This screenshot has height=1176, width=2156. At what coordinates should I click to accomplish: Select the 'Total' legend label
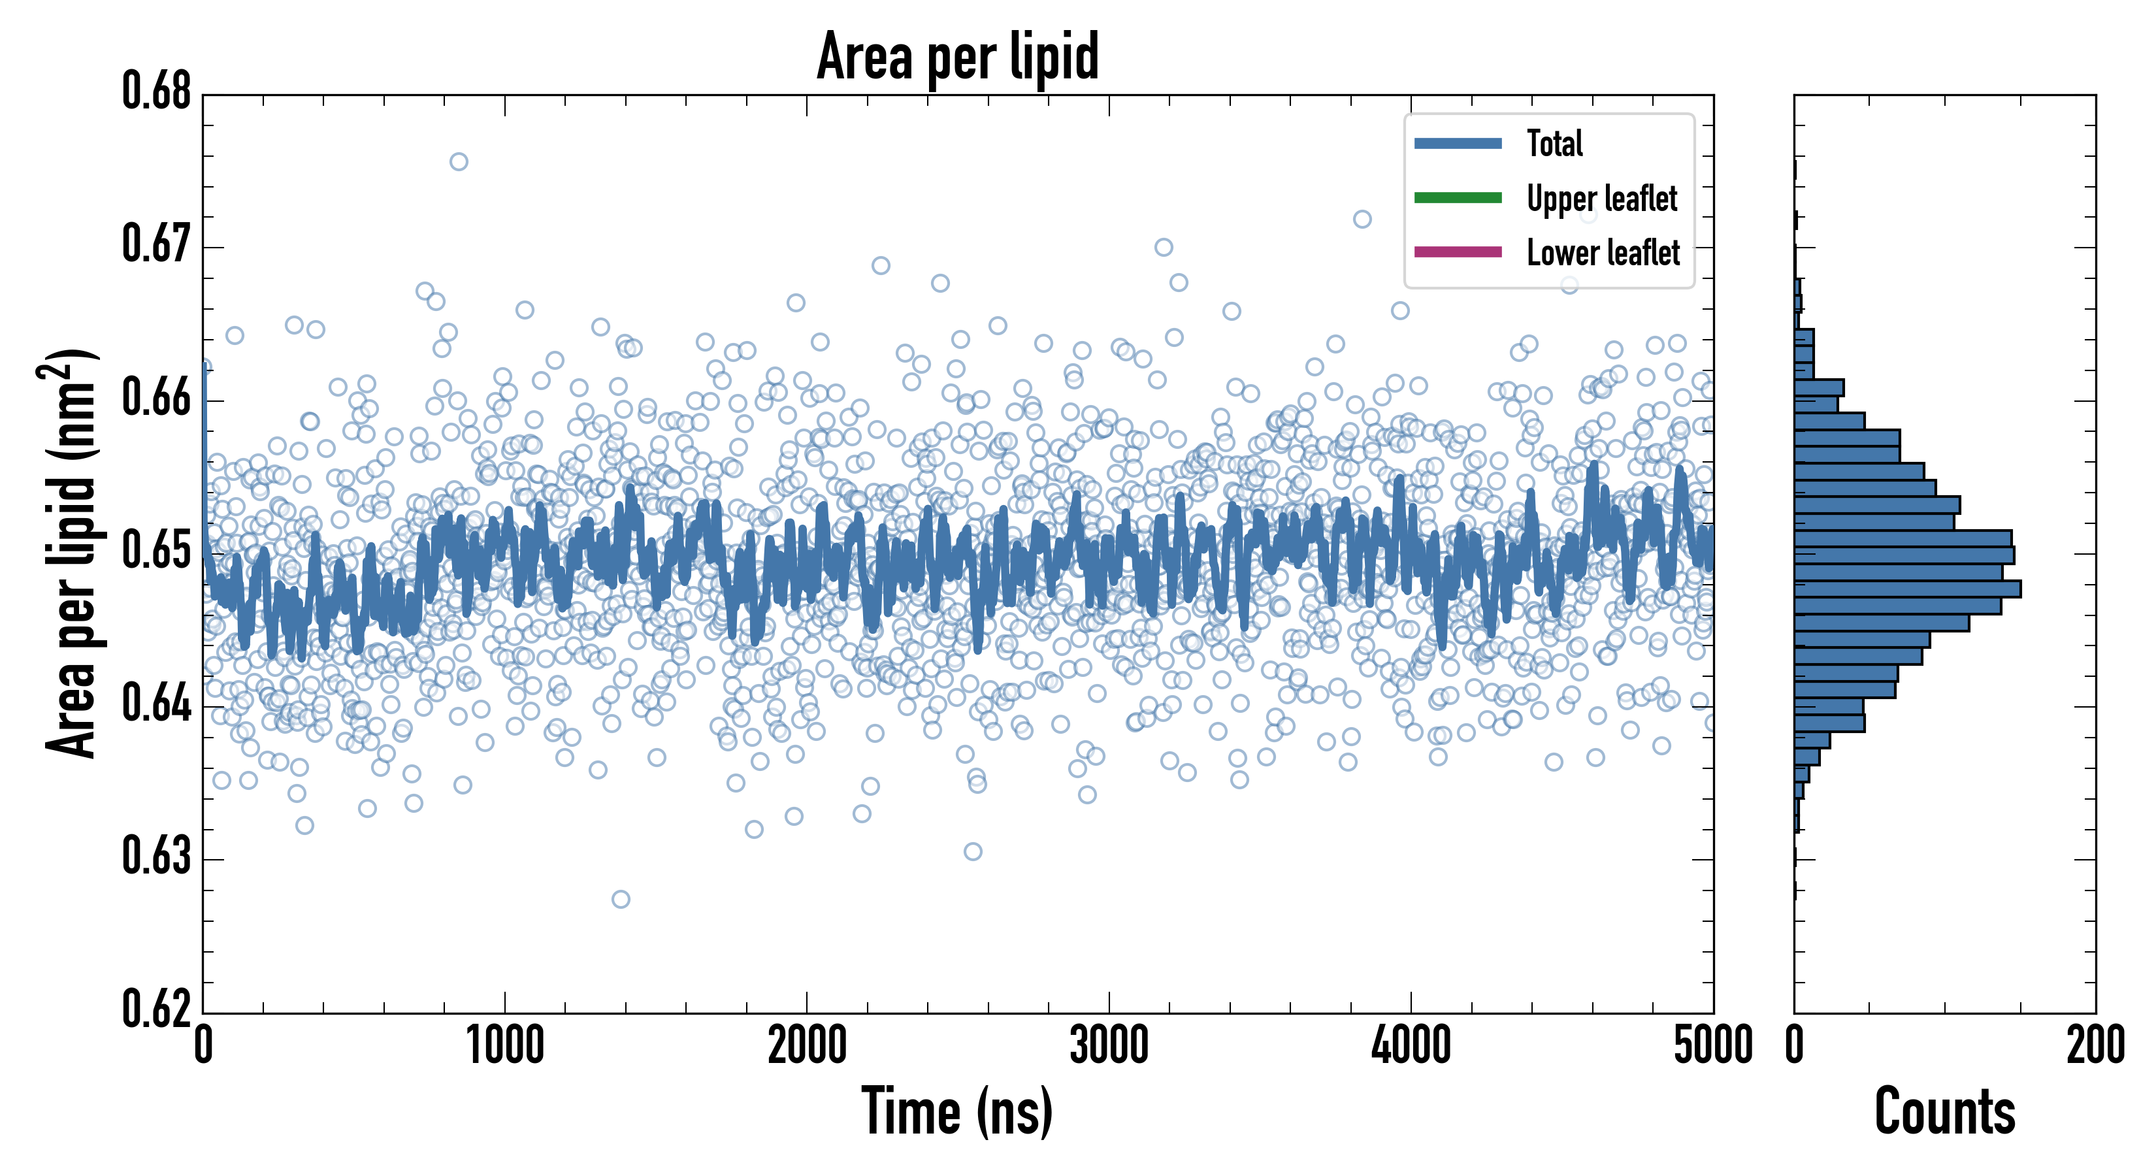pyautogui.click(x=1554, y=143)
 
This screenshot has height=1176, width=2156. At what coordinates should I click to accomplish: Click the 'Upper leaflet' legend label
pyautogui.click(x=1601, y=199)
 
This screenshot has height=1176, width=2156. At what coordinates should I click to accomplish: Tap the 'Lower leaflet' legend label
pyautogui.click(x=1603, y=252)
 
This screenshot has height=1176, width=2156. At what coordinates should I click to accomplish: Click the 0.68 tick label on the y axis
pyautogui.click(x=157, y=91)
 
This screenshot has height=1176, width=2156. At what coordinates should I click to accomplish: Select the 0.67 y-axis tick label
pyautogui.click(x=157, y=244)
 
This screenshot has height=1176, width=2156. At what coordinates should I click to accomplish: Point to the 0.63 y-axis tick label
pyautogui.click(x=157, y=857)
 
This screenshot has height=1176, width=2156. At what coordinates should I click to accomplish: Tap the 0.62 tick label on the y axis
pyautogui.click(x=157, y=1009)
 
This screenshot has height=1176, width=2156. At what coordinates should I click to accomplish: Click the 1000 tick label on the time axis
pyautogui.click(x=504, y=1046)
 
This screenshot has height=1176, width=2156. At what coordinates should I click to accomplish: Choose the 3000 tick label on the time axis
pyautogui.click(x=1109, y=1046)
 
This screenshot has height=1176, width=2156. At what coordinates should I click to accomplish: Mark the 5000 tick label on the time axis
pyautogui.click(x=1712, y=1046)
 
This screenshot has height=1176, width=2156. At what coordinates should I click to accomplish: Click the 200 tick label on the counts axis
pyautogui.click(x=2095, y=1046)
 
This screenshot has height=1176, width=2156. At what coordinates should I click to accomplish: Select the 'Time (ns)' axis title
pyautogui.click(x=958, y=1111)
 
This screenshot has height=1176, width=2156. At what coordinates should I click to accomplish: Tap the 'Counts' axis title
pyautogui.click(x=1944, y=1111)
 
